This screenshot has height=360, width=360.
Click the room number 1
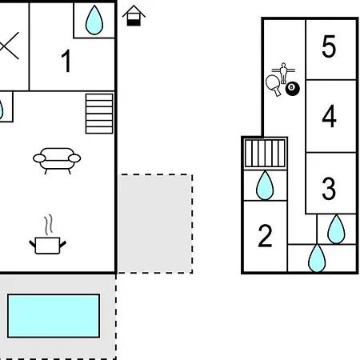coord(66,61)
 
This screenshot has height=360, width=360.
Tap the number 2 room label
coord(265,236)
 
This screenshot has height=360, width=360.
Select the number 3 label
coord(329,189)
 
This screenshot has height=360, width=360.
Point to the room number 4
coord(329,116)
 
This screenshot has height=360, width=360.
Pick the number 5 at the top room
coord(329,46)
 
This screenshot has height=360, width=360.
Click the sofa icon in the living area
coord(57,161)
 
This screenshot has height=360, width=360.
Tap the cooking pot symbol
coord(48,246)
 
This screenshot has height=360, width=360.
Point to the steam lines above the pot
coord(48,224)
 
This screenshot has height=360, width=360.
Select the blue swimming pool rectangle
coord(54,316)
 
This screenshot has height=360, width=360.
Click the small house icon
coord(134,16)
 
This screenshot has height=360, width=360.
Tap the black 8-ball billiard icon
coord(293,89)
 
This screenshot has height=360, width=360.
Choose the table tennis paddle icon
coord(274,85)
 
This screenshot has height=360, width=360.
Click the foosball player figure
coord(283,73)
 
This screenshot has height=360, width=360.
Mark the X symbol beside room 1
coord(9,46)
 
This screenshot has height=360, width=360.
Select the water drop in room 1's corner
coord(94,20)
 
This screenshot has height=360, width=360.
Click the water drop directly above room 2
coord(265,186)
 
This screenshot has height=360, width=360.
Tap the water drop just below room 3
coord(336,230)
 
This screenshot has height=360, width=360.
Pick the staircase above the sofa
coord(99,114)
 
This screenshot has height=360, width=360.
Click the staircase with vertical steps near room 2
coord(265,154)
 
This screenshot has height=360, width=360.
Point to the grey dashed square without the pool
coord(155,224)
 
